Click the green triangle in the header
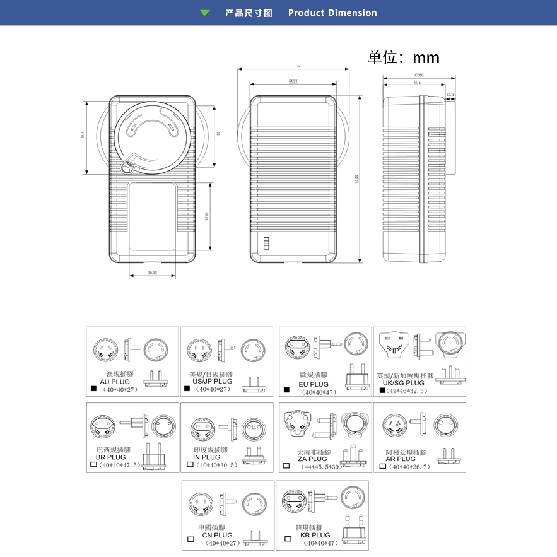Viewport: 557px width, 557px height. click(205, 13)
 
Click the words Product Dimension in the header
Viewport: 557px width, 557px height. click(332, 13)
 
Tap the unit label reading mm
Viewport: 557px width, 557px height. click(426, 58)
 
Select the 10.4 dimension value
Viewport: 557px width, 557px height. click(450, 95)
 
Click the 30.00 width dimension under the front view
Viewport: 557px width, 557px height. click(152, 273)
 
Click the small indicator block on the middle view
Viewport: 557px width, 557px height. click(266, 244)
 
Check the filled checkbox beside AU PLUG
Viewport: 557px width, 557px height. click(94, 389)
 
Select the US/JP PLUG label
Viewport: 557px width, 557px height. click(212, 382)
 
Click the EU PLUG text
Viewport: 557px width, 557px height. click(314, 384)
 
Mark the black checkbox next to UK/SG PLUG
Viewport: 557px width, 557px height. click(382, 390)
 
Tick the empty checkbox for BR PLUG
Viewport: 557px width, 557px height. click(94, 465)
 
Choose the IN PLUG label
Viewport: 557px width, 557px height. click(207, 457)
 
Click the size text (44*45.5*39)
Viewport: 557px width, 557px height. click(321, 467)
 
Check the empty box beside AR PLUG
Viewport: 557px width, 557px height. click(382, 467)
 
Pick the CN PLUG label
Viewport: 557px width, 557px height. click(217, 536)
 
